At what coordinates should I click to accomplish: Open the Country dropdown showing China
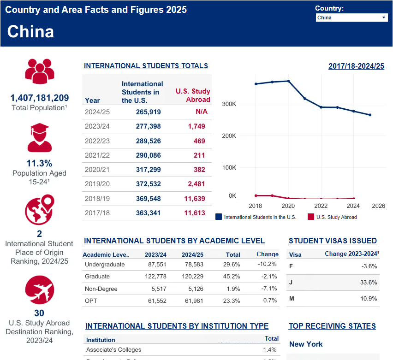(x=351, y=18)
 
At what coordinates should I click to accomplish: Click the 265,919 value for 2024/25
(x=148, y=112)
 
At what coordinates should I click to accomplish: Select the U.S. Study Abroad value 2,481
(x=196, y=184)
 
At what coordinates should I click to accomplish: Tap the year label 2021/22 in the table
(x=97, y=155)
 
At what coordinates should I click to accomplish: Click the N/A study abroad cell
(x=201, y=112)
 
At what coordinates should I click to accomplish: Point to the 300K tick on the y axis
(x=229, y=104)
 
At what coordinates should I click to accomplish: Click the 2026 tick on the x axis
(x=378, y=206)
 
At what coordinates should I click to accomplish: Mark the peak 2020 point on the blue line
(x=288, y=81)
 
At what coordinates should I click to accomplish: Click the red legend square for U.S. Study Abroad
(x=311, y=217)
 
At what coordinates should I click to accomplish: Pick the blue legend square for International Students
(x=219, y=217)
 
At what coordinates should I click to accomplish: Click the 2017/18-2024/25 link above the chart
(x=356, y=66)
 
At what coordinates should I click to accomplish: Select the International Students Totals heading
(x=146, y=66)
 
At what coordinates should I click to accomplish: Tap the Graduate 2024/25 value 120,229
(x=192, y=276)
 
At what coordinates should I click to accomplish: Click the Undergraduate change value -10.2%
(x=267, y=264)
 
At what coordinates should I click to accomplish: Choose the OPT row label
(x=91, y=301)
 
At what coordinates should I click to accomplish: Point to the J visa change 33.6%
(x=369, y=283)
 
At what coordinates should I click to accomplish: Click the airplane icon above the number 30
(x=40, y=290)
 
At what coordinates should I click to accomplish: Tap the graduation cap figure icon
(x=40, y=137)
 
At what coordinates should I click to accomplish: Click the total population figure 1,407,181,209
(x=40, y=98)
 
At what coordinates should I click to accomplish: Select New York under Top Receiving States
(x=306, y=344)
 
